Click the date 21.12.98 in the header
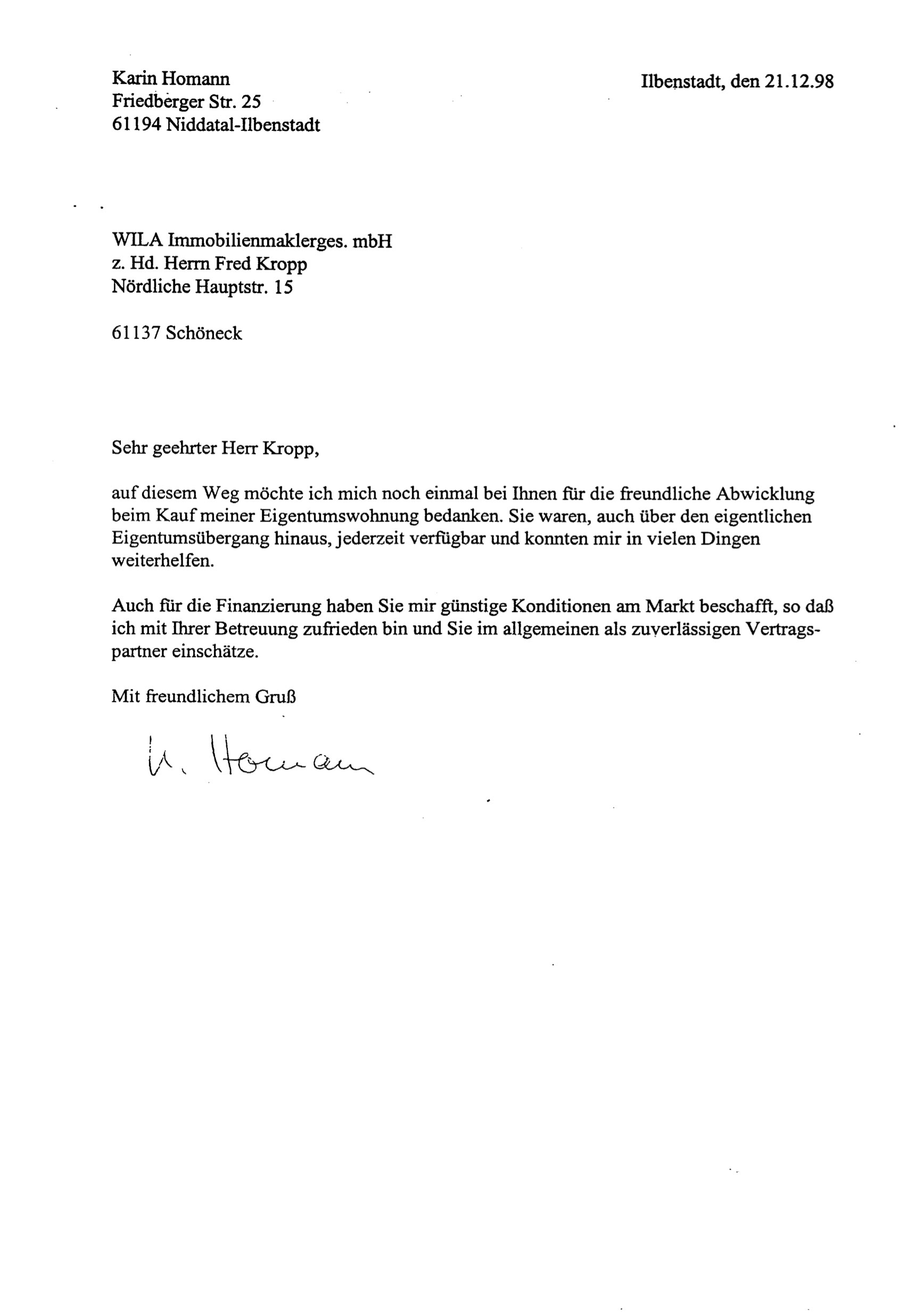coord(798,81)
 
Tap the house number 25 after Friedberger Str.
coord(251,102)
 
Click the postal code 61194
coord(136,125)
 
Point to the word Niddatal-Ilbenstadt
coord(243,125)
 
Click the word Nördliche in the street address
coord(151,287)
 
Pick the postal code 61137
coord(136,333)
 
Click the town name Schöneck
coord(204,333)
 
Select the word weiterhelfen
coord(163,562)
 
